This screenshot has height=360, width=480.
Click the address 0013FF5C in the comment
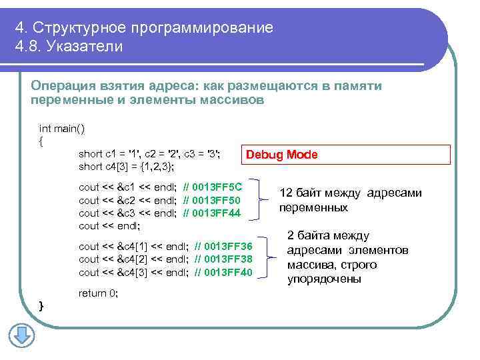(217, 187)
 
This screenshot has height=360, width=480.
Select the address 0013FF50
(217, 200)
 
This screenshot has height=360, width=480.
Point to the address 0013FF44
(217, 213)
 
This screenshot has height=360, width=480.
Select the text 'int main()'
(62, 128)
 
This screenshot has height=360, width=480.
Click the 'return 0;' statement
(98, 293)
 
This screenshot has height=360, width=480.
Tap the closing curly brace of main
(42, 305)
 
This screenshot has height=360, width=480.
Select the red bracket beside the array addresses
(269, 259)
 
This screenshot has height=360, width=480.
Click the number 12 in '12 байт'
(285, 193)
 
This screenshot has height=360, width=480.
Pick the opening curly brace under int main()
(42, 141)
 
